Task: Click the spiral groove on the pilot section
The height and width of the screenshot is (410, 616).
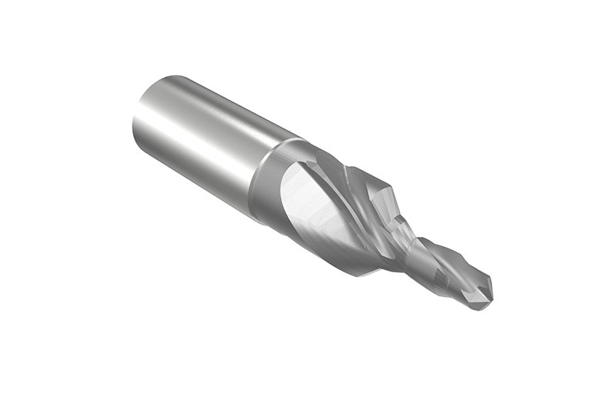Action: coord(443,265)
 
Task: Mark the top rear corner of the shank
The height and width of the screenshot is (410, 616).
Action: coord(166,76)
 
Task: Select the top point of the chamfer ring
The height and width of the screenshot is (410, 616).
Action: coord(296,138)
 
